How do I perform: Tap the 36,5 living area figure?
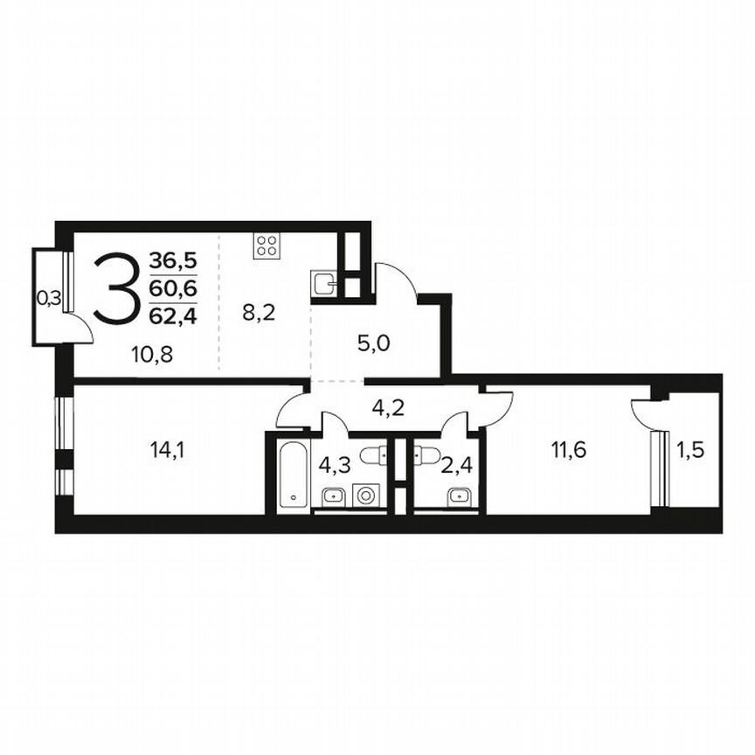click(x=172, y=260)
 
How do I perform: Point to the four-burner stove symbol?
click(x=266, y=246)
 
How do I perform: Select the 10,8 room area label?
click(x=134, y=355)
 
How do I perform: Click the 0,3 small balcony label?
click(x=49, y=298)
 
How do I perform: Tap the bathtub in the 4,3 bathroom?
click(x=291, y=474)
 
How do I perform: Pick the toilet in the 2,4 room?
click(x=427, y=454)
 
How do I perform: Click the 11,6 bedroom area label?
click(x=568, y=451)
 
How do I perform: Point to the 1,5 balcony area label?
click(x=690, y=451)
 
